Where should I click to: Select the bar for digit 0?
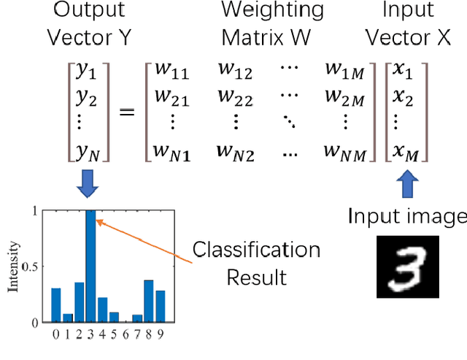point(56,305)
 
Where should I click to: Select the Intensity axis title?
point(12,267)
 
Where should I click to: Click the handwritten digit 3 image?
point(407,266)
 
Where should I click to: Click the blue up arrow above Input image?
point(406,184)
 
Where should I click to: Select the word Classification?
point(256,250)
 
